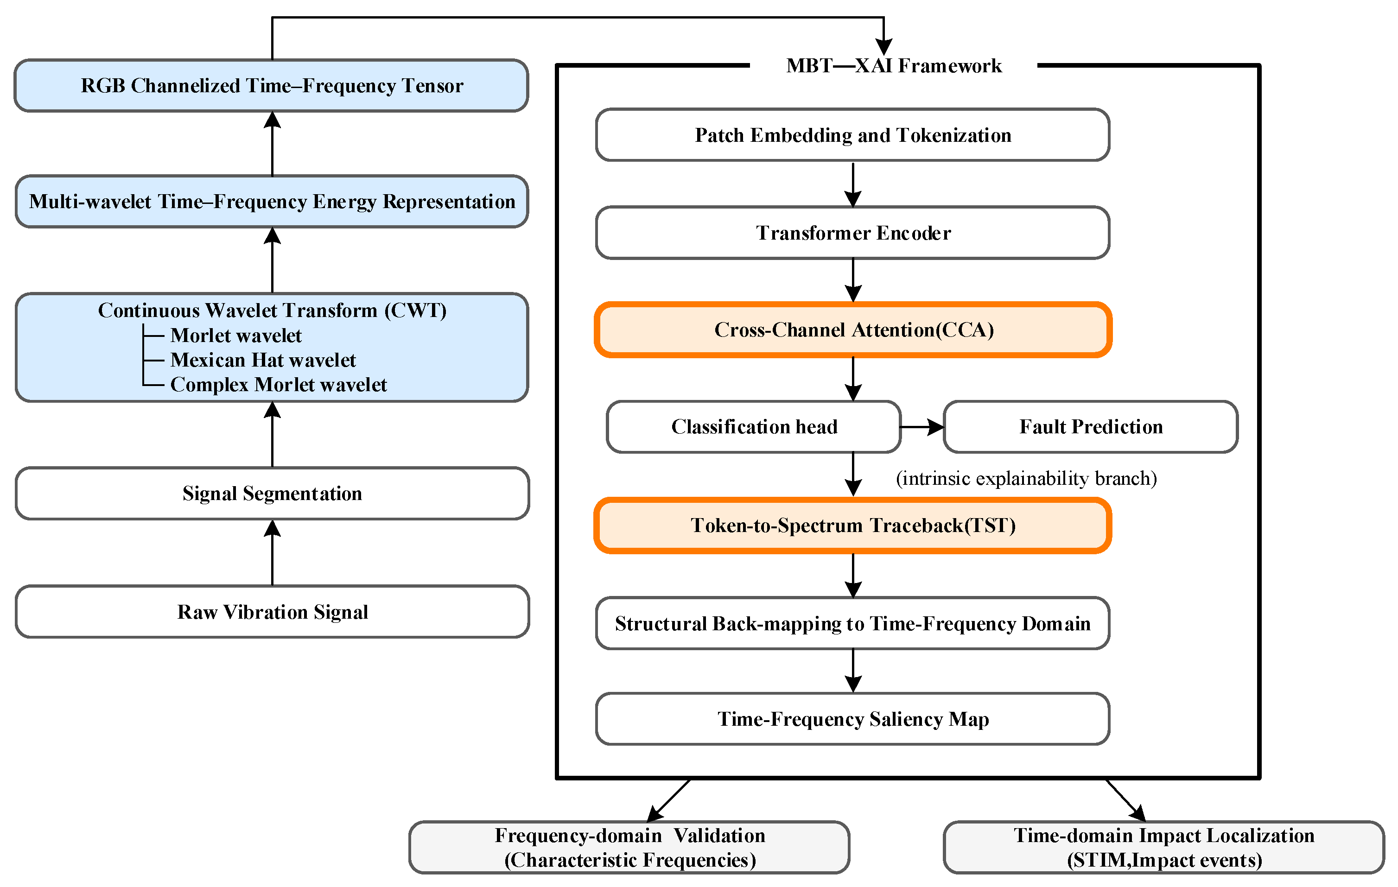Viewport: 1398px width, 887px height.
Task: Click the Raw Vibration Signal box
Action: click(272, 612)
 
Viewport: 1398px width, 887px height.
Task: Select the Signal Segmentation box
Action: click(272, 494)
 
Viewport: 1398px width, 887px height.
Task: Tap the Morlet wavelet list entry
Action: click(236, 336)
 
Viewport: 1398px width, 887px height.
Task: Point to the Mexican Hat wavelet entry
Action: click(263, 360)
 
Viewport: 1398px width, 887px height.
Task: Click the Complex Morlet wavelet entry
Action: click(279, 384)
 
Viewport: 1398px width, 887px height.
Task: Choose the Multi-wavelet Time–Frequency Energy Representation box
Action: click(272, 202)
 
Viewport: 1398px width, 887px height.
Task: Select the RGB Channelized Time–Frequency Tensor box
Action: click(272, 85)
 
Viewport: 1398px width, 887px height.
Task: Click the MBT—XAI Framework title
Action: click(894, 66)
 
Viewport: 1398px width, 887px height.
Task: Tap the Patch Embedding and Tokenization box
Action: click(853, 135)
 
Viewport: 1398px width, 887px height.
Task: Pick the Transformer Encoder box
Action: click(853, 233)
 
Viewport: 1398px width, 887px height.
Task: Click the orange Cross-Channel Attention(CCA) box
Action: click(853, 329)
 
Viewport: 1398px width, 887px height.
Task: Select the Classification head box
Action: click(754, 427)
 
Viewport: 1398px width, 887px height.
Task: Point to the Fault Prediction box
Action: click(1091, 427)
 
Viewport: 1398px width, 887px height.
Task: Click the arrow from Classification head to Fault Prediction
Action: click(922, 427)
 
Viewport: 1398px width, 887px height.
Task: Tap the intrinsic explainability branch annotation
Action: click(1026, 478)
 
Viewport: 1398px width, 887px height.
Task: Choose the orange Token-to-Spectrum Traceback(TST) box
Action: click(853, 526)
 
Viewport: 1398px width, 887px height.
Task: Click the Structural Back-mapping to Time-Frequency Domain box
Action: click(853, 623)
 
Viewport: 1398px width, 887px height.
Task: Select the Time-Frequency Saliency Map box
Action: click(853, 719)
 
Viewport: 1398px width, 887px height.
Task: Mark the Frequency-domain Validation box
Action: click(630, 848)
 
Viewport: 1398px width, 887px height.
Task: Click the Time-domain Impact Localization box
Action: click(1164, 848)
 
